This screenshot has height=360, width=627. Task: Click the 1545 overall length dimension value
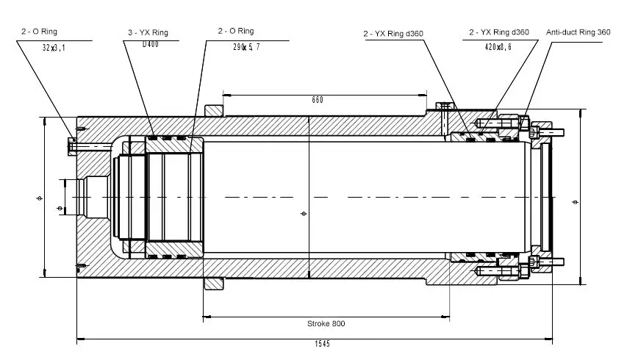tap(322, 344)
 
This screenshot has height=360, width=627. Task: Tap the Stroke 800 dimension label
tap(326, 324)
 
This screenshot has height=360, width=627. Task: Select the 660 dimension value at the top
tap(318, 100)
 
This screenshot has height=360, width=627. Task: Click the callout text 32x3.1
tap(54, 48)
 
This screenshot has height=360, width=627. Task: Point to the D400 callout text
tap(151, 44)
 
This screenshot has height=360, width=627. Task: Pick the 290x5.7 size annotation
tap(246, 47)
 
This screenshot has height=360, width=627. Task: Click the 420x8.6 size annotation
tap(498, 47)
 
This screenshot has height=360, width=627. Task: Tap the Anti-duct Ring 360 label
tap(578, 32)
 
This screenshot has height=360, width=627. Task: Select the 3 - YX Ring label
tap(148, 33)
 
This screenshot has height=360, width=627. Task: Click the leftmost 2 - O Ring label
tap(39, 32)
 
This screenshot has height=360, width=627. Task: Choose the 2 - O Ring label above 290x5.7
tap(236, 31)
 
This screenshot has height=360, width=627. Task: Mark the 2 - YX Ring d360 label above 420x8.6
tap(499, 32)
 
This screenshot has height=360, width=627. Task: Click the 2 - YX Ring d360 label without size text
tap(393, 34)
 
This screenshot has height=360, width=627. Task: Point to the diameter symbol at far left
tap(39, 198)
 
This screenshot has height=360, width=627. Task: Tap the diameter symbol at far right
tap(576, 202)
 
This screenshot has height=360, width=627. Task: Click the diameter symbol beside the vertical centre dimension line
tap(304, 214)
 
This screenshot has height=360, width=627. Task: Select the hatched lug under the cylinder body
tap(214, 284)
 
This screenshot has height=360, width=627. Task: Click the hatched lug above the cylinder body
tap(214, 111)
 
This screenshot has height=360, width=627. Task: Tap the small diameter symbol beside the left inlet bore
tap(60, 208)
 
